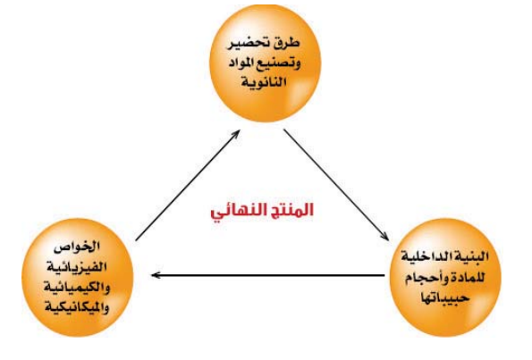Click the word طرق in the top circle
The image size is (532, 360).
(x=287, y=44)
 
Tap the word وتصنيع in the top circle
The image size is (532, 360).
(x=278, y=63)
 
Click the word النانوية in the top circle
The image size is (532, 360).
(x=264, y=81)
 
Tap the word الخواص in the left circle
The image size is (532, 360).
(x=77, y=247)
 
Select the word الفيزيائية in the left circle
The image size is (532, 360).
(x=77, y=267)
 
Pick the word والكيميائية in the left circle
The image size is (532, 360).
(x=77, y=287)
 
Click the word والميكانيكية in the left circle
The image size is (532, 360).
(x=77, y=307)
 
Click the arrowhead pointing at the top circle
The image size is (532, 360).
(x=236, y=134)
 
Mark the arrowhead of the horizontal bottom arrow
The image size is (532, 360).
(x=156, y=275)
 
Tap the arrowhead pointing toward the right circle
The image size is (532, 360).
(x=384, y=237)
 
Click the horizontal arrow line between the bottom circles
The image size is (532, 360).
(x=267, y=275)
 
